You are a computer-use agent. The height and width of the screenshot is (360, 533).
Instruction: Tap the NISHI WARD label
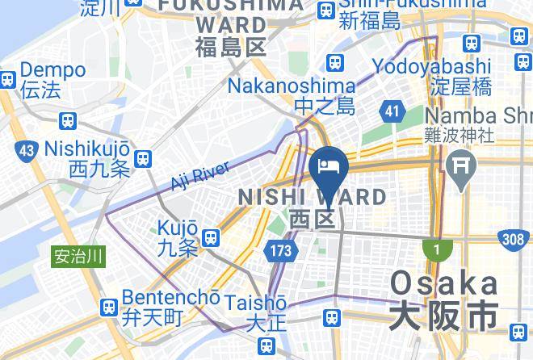point(311,197)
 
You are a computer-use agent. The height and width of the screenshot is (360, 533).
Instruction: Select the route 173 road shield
point(280,251)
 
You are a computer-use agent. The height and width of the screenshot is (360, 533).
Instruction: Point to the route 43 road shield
point(27,149)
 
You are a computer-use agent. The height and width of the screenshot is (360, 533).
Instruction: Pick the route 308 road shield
point(513,238)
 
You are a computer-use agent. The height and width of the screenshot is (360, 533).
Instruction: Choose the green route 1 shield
point(437,250)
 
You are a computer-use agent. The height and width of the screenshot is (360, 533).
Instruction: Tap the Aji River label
point(201,177)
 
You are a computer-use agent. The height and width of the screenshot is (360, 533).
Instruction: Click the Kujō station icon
point(212,237)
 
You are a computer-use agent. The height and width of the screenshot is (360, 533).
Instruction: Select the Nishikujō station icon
point(144,158)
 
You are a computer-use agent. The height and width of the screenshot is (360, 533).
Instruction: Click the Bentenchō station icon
point(109,307)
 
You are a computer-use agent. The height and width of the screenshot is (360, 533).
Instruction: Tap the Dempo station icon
point(6,79)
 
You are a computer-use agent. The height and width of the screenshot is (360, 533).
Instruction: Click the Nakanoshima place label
point(292,86)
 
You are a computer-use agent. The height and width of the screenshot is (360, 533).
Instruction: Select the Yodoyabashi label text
point(431,65)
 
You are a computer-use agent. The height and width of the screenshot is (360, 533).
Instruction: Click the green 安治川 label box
point(79,257)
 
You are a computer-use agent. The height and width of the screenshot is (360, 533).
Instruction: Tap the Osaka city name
point(443,284)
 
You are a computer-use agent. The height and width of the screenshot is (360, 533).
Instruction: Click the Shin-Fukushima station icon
point(327,10)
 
